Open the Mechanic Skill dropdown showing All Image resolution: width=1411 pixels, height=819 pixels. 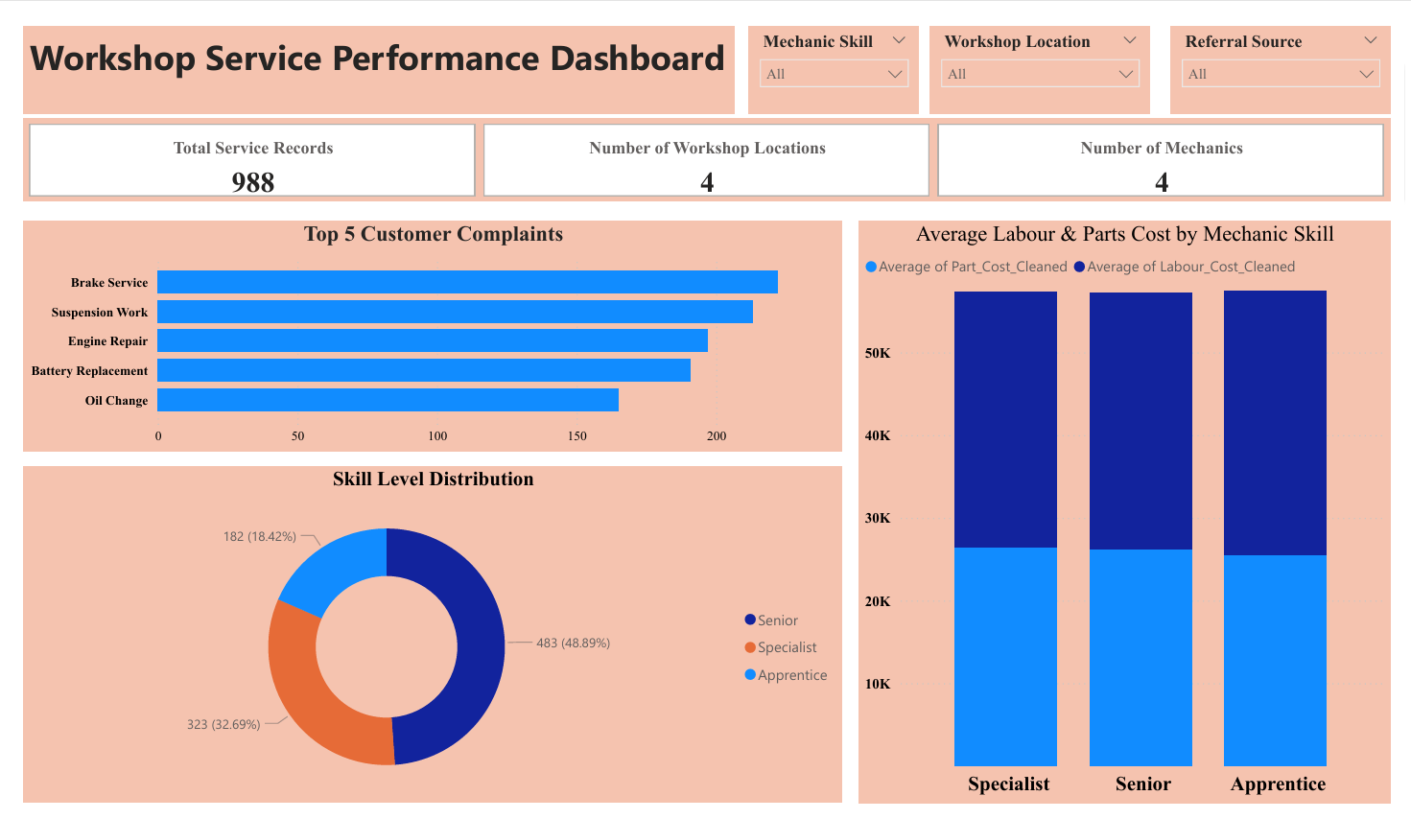[833, 74]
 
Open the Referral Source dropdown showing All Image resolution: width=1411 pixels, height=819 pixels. [1281, 74]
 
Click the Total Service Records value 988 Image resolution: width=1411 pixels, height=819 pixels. [253, 181]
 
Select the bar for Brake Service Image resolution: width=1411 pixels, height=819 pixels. [467, 282]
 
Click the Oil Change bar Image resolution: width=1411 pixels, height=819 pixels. [388, 400]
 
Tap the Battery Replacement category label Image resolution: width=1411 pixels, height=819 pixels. [89, 371]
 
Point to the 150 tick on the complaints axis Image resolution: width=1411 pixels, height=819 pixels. [576, 436]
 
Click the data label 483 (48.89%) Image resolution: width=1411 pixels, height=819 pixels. [573, 643]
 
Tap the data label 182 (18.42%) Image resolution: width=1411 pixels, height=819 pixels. [260, 536]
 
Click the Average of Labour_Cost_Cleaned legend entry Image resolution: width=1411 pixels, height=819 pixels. [1189, 267]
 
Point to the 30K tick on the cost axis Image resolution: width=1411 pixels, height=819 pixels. [878, 518]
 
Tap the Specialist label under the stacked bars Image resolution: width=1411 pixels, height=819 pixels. [1008, 784]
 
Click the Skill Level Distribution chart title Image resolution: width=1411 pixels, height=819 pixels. [433, 479]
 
